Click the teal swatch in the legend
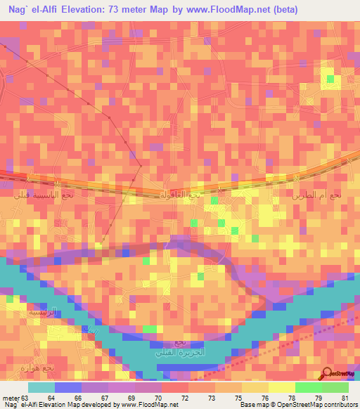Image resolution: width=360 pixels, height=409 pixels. click(41, 387)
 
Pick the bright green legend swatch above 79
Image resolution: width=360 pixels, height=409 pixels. click(308, 387)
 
